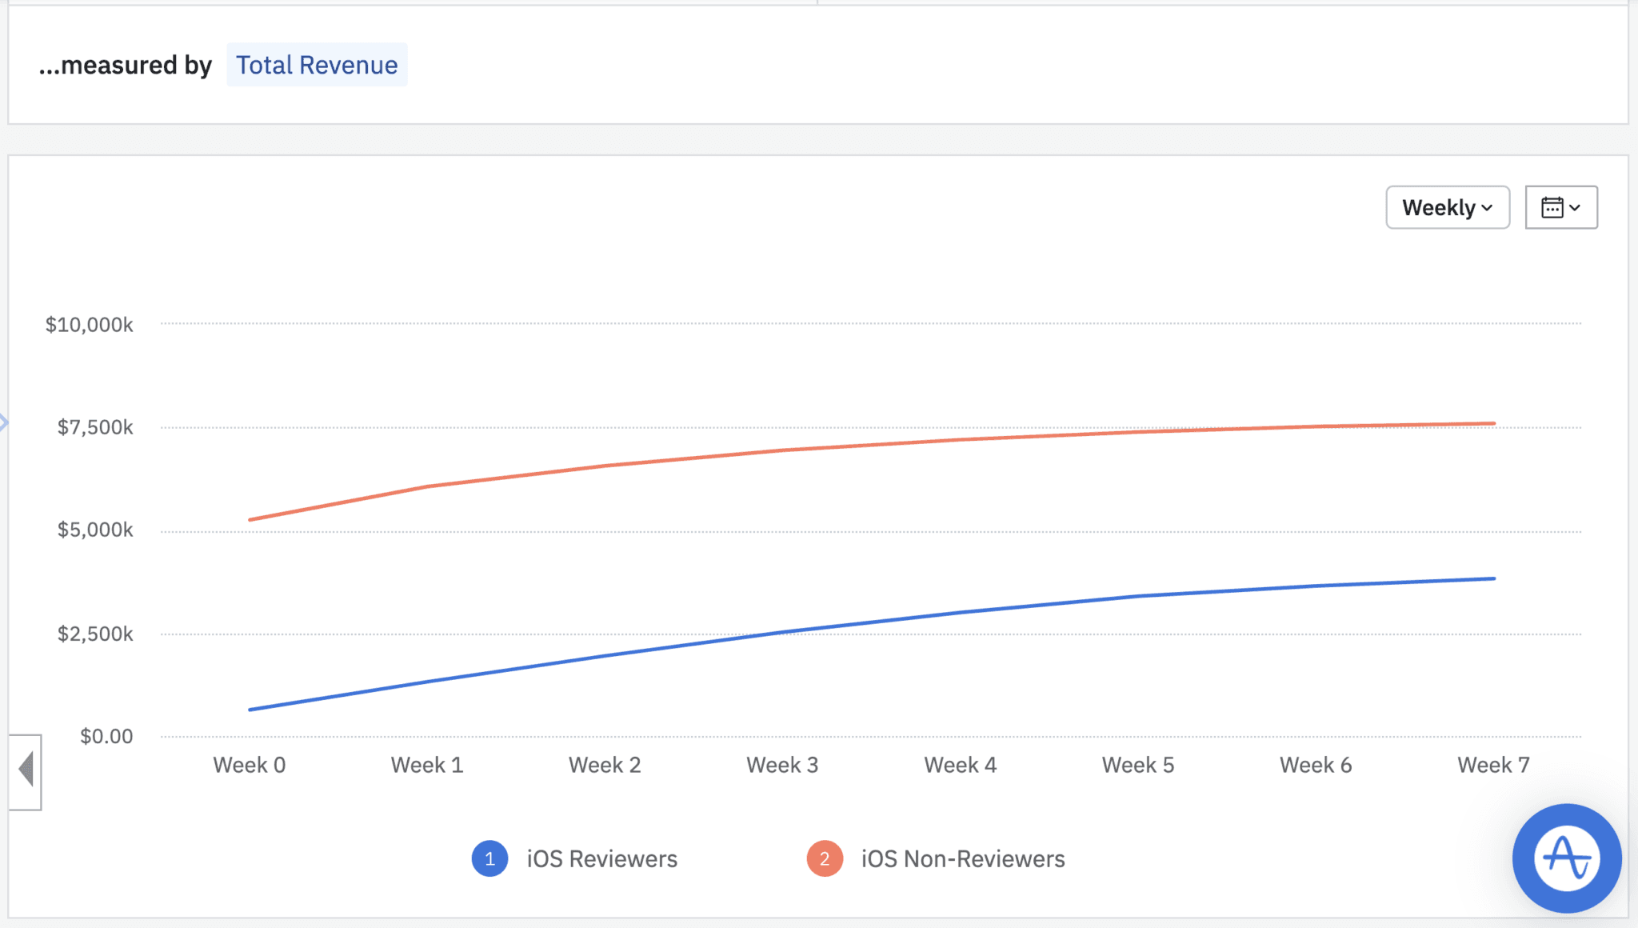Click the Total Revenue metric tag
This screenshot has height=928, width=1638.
click(x=317, y=65)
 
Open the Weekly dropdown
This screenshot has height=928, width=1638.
click(x=1447, y=207)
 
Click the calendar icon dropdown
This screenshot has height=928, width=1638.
click(x=1560, y=207)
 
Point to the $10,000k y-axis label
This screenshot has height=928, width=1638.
click(x=89, y=325)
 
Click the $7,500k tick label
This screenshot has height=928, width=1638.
click(x=95, y=427)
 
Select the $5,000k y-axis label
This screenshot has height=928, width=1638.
click(x=95, y=530)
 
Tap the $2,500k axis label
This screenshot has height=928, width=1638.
click(x=95, y=634)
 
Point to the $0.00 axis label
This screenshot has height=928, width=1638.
click(x=106, y=736)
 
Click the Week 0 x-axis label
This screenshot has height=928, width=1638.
click(x=250, y=765)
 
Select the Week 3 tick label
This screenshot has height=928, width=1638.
click(x=782, y=765)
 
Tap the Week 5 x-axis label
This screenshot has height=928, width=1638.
click(x=1138, y=765)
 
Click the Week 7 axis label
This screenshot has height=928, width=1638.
click(x=1493, y=765)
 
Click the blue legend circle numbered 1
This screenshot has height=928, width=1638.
click(x=489, y=859)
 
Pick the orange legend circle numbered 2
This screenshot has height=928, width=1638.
click(x=825, y=859)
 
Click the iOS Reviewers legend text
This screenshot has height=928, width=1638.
click(x=601, y=859)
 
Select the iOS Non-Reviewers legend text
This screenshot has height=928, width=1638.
click(x=963, y=859)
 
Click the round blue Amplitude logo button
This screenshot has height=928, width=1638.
click(x=1566, y=858)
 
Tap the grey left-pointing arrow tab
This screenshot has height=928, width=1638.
click(x=26, y=770)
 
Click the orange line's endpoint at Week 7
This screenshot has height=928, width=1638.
click(x=1493, y=423)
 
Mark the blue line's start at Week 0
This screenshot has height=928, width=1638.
click(x=250, y=710)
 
